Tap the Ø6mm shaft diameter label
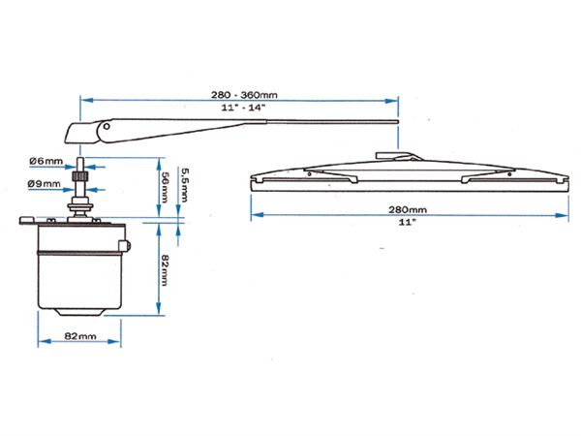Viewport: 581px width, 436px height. point(46,163)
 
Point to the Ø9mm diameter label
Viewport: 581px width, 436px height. point(46,181)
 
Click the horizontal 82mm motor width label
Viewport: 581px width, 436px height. point(79,336)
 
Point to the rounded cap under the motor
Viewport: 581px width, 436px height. point(79,312)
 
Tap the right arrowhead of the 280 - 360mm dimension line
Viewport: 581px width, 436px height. point(396,100)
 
